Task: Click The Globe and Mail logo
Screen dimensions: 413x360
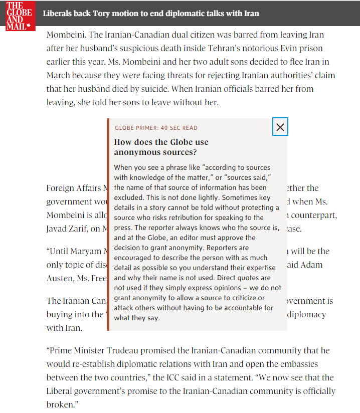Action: coord(19,16)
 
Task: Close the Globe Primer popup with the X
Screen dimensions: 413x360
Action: coord(280,127)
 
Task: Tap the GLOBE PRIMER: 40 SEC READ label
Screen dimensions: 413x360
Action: coord(156,128)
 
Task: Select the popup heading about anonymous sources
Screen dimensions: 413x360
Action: coord(161,147)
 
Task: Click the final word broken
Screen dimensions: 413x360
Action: coord(62,404)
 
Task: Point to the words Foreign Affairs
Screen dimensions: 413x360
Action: coord(74,188)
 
